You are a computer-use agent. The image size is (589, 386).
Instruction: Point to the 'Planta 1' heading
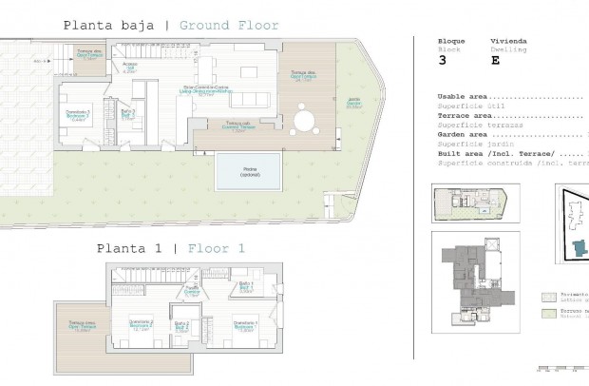pyautogui.click(x=127, y=248)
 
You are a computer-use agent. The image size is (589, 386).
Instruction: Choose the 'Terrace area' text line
pyautogui.click(x=466, y=115)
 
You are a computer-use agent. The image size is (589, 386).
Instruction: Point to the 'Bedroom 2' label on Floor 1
pyautogui.click(x=142, y=325)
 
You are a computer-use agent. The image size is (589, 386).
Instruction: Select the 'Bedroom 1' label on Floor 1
pyautogui.click(x=245, y=325)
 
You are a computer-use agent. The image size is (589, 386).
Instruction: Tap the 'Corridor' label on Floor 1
pyautogui.click(x=192, y=291)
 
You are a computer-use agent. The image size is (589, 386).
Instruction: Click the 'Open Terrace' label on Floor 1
pyautogui.click(x=82, y=326)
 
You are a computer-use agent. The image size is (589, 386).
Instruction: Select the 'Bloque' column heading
pyautogui.click(x=451, y=42)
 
